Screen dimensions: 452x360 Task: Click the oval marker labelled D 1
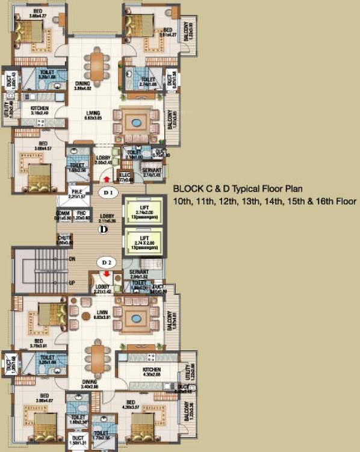click(108, 191)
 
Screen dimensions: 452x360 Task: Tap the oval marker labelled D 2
click(107, 262)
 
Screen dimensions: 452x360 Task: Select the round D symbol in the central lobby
click(104, 229)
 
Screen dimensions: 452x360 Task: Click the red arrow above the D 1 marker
click(107, 179)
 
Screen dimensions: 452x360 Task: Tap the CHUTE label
click(65, 239)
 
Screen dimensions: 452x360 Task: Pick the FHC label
click(80, 214)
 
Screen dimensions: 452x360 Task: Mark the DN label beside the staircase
click(71, 259)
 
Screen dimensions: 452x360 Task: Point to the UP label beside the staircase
click(71, 282)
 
